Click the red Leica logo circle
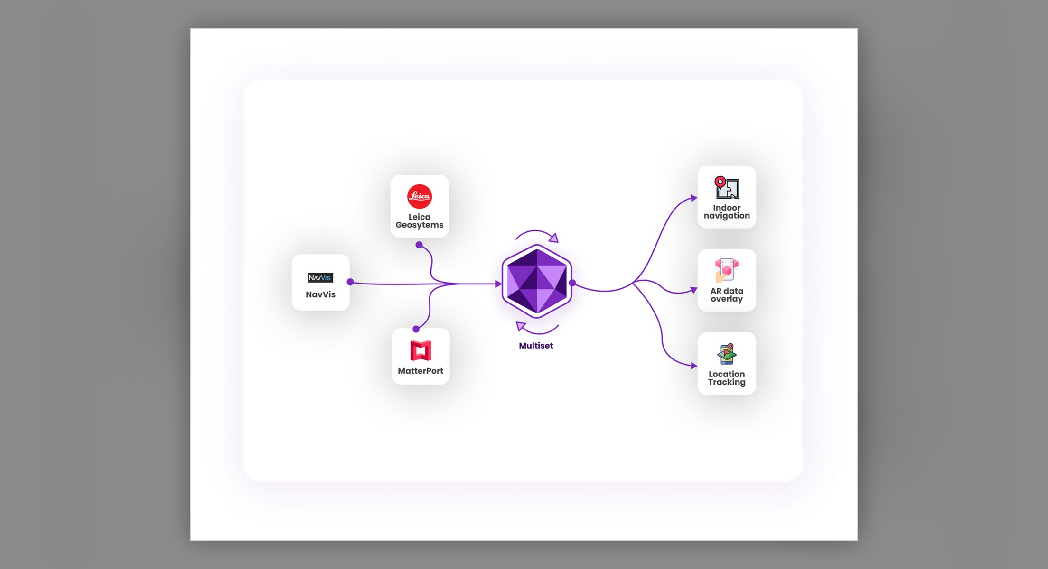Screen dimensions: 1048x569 [x=420, y=196]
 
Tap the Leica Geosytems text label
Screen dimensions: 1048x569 [x=420, y=221]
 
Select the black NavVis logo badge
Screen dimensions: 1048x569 [x=320, y=278]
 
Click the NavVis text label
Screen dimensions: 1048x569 [x=320, y=294]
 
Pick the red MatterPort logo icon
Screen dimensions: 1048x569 [x=421, y=351]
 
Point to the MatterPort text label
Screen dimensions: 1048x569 [x=421, y=371]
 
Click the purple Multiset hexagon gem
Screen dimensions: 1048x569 [x=537, y=281]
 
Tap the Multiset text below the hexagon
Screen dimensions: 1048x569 [x=536, y=346]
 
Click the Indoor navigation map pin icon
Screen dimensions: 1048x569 [x=727, y=187]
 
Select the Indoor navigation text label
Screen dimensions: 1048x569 [x=727, y=212]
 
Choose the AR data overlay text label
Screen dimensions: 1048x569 [x=727, y=295]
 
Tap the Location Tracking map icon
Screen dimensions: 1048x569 [x=727, y=354]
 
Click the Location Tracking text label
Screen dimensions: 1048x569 [x=727, y=378]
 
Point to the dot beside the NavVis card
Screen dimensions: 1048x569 [x=350, y=282]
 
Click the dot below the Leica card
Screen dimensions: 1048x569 [x=419, y=245]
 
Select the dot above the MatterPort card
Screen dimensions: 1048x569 [x=416, y=329]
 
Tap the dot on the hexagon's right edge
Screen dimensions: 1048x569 [x=572, y=283]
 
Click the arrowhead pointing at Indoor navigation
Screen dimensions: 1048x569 [x=694, y=198]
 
